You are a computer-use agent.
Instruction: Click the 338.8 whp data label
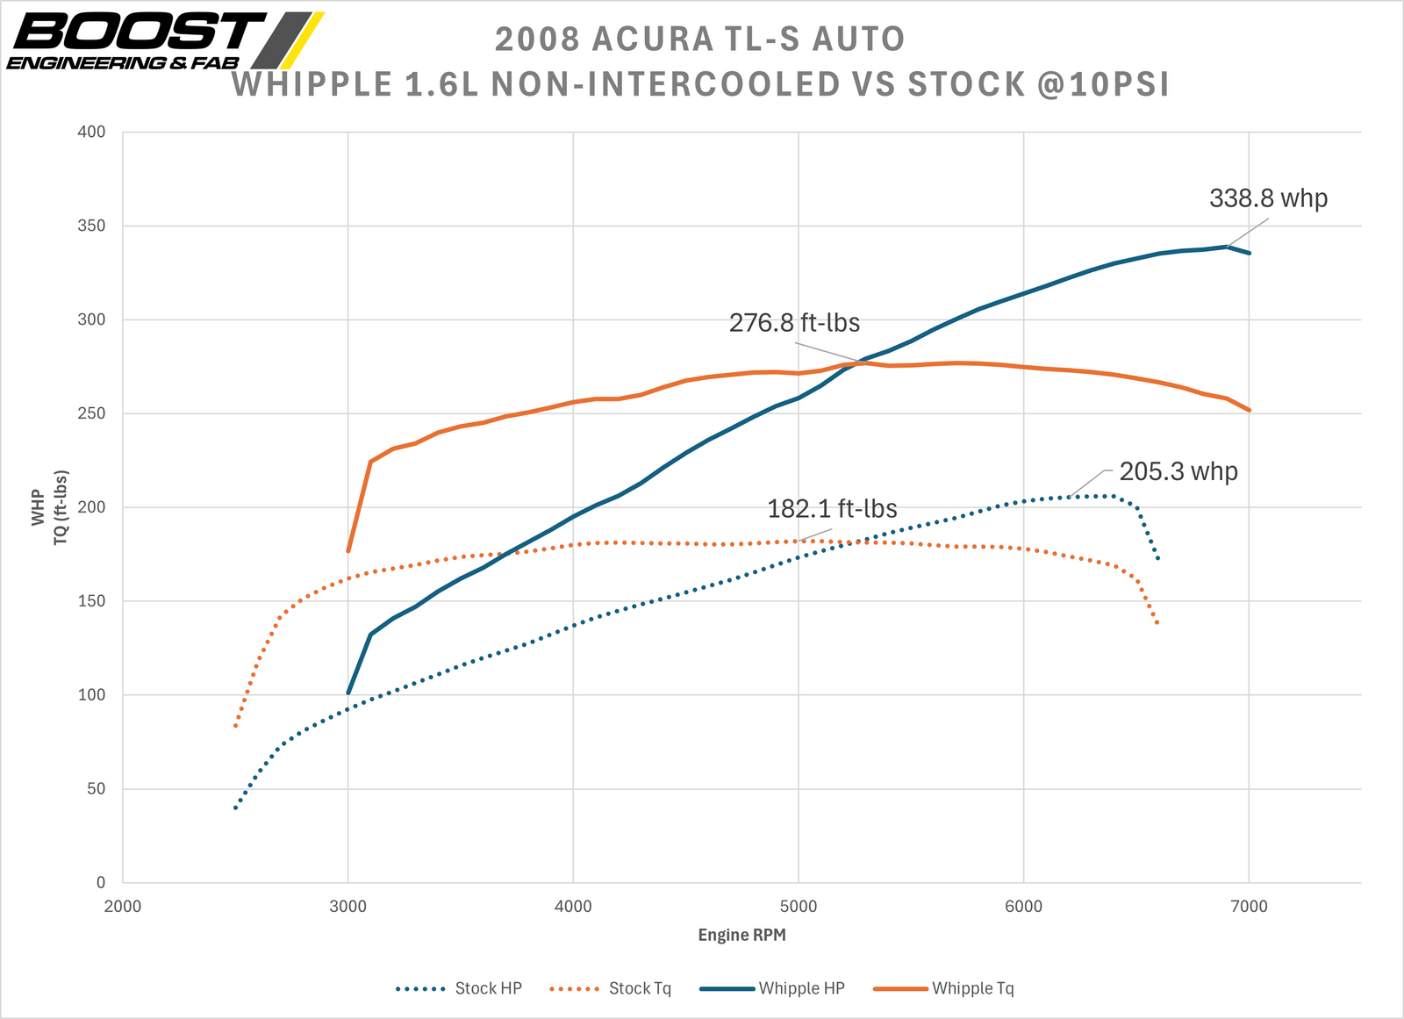[x=1268, y=198]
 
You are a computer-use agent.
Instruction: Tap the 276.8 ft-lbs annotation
[x=794, y=323]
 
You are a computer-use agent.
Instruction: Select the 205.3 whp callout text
[x=1178, y=472]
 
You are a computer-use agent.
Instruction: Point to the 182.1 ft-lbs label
[x=832, y=509]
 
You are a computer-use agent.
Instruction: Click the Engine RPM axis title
[x=741, y=935]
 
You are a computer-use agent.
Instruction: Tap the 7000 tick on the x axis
[x=1249, y=907]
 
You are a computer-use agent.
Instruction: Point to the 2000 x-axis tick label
[x=122, y=907]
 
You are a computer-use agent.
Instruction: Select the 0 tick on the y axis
[x=100, y=883]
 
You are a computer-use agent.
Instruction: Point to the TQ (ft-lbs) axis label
[x=61, y=507]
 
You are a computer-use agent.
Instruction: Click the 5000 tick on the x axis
[x=799, y=907]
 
